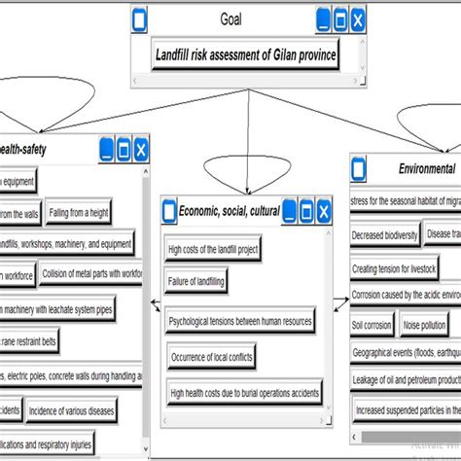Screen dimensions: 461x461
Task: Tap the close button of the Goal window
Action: (x=357, y=18)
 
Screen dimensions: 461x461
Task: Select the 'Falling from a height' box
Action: (x=79, y=213)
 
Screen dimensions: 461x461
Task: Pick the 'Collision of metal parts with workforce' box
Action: (x=91, y=275)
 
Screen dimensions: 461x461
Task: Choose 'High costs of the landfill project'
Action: (x=214, y=250)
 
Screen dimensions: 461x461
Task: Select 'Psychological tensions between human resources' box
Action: (x=241, y=320)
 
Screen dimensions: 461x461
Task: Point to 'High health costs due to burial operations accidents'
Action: (x=245, y=394)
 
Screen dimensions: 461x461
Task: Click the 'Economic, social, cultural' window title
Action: (x=230, y=210)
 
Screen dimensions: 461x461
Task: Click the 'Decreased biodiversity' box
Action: (x=384, y=234)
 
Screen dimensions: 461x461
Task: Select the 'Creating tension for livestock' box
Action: (x=394, y=267)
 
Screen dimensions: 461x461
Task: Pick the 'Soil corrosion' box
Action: (x=372, y=325)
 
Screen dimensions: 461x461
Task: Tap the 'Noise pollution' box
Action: (x=424, y=325)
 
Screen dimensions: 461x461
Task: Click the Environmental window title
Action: (x=426, y=168)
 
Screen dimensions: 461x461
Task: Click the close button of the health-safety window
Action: (x=140, y=149)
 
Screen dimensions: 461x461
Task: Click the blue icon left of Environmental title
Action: (x=360, y=169)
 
